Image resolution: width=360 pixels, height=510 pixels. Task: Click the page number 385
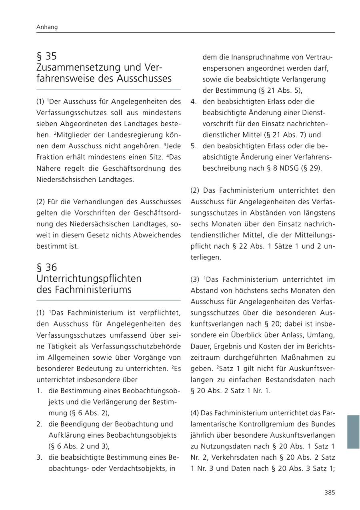click(x=329, y=492)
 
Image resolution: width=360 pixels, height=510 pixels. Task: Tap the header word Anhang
click(x=47, y=27)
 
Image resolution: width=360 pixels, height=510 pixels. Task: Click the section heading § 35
click(x=46, y=56)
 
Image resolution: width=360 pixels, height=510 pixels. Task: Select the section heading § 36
click(x=46, y=267)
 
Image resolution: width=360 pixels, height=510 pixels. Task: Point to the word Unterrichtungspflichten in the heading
click(x=89, y=278)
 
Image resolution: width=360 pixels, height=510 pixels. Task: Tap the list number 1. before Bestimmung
click(x=39, y=390)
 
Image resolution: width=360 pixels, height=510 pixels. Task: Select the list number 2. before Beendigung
click(x=39, y=424)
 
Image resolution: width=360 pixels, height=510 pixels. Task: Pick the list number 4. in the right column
click(x=193, y=102)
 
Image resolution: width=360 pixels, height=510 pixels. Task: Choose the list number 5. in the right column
click(x=193, y=146)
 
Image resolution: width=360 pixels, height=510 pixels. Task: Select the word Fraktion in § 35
click(x=50, y=157)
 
